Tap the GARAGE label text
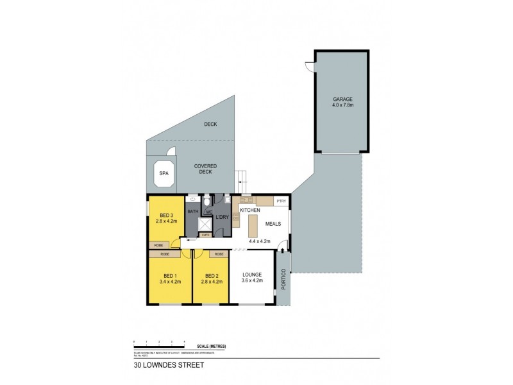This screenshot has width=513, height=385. (x=342, y=99)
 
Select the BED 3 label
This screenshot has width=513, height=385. (x=164, y=214)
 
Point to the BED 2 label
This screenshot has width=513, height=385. (x=211, y=275)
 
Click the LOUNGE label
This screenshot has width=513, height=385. (x=251, y=275)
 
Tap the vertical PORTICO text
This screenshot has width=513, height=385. (x=283, y=278)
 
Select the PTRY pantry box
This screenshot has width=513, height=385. (x=280, y=201)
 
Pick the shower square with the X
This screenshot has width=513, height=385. (x=205, y=225)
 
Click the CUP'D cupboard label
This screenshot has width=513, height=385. (x=205, y=235)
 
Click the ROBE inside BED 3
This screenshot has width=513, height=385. (x=158, y=245)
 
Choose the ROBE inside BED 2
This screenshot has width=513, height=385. (x=219, y=254)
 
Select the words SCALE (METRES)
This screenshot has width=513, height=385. (x=212, y=346)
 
